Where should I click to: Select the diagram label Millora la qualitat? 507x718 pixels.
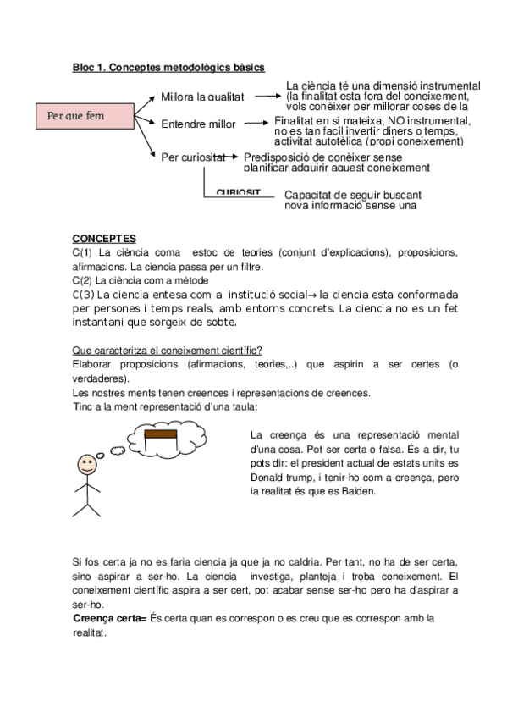coord(202,97)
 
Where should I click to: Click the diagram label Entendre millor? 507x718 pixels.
coord(198,124)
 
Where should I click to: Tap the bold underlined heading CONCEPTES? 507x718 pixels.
coord(104,239)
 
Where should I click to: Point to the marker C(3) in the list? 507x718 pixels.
coord(83,294)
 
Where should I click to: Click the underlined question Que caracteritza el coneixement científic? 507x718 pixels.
coord(167,351)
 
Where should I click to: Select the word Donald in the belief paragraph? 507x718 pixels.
coord(270,476)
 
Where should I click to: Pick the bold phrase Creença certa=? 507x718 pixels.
coord(110,618)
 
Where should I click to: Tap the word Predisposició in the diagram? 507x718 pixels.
coord(278,157)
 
